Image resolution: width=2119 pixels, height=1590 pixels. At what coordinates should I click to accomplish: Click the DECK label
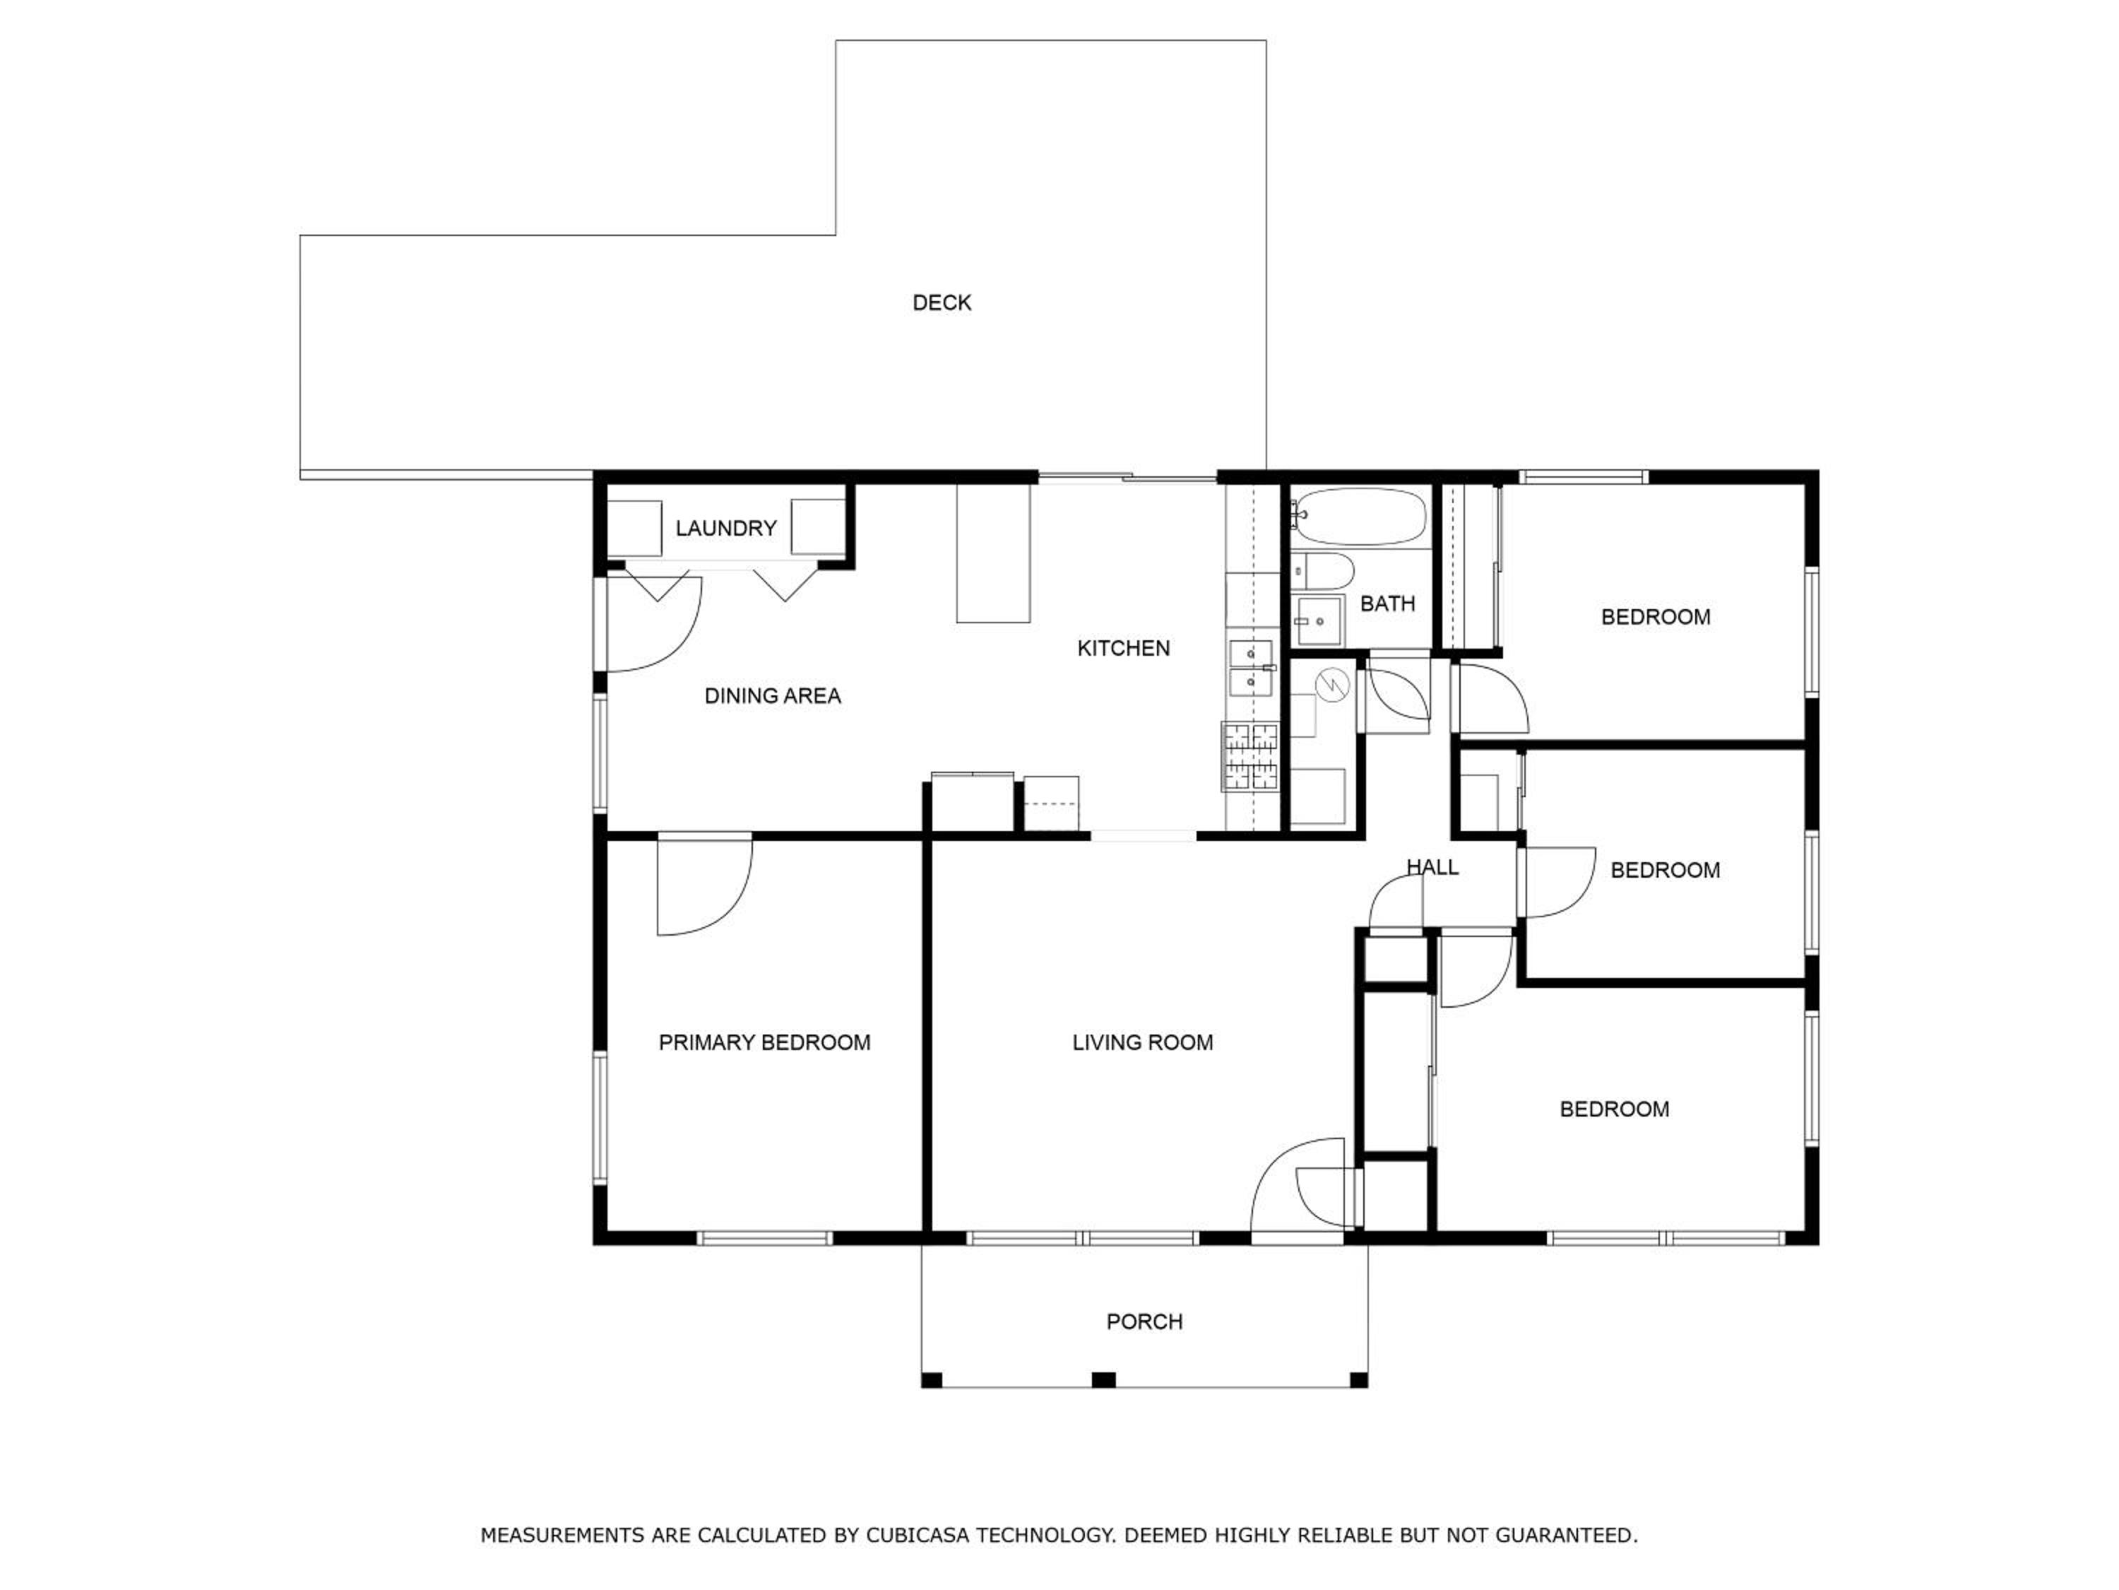[942, 303]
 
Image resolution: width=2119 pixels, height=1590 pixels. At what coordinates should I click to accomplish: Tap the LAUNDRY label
[725, 528]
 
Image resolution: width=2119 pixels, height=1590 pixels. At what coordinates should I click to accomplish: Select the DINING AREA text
[772, 696]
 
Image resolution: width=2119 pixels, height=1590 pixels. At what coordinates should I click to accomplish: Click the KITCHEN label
[1123, 649]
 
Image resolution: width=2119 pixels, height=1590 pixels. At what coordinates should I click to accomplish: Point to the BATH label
[1387, 603]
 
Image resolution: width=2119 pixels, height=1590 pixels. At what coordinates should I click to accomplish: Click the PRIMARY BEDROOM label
[764, 1043]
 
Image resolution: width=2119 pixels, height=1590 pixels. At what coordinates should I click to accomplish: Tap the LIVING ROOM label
[1142, 1043]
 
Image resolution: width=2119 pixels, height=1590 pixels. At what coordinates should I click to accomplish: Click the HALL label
[1432, 867]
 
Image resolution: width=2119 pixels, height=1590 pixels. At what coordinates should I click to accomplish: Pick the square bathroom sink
[1319, 621]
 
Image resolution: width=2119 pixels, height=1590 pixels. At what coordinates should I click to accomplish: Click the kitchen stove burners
[1250, 756]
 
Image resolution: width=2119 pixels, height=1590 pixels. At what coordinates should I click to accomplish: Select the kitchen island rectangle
[993, 554]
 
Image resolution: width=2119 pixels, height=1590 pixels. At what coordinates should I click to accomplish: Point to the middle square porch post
[1103, 1380]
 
